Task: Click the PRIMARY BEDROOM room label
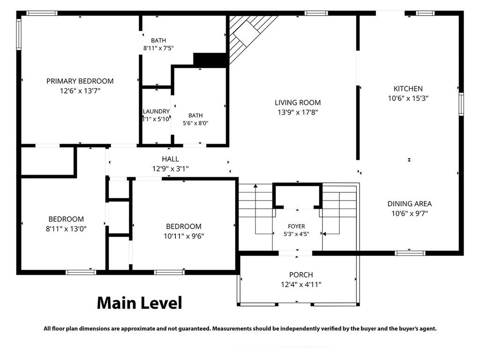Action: (80, 81)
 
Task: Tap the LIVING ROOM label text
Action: (298, 103)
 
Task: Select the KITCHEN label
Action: (408, 89)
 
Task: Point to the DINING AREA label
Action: (410, 204)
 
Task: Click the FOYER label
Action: (296, 226)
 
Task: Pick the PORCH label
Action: (301, 275)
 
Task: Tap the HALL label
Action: (170, 159)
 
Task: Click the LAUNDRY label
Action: (156, 112)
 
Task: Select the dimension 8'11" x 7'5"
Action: (158, 48)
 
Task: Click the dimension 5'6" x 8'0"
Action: (195, 123)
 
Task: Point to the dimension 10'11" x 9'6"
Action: (184, 236)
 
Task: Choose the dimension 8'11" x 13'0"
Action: (66, 229)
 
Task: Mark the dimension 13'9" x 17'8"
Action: (298, 112)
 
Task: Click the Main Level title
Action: (140, 303)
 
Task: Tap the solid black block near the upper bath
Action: (210, 60)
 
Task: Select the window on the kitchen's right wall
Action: (461, 104)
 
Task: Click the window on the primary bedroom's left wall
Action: (19, 34)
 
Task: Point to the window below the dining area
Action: (410, 253)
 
